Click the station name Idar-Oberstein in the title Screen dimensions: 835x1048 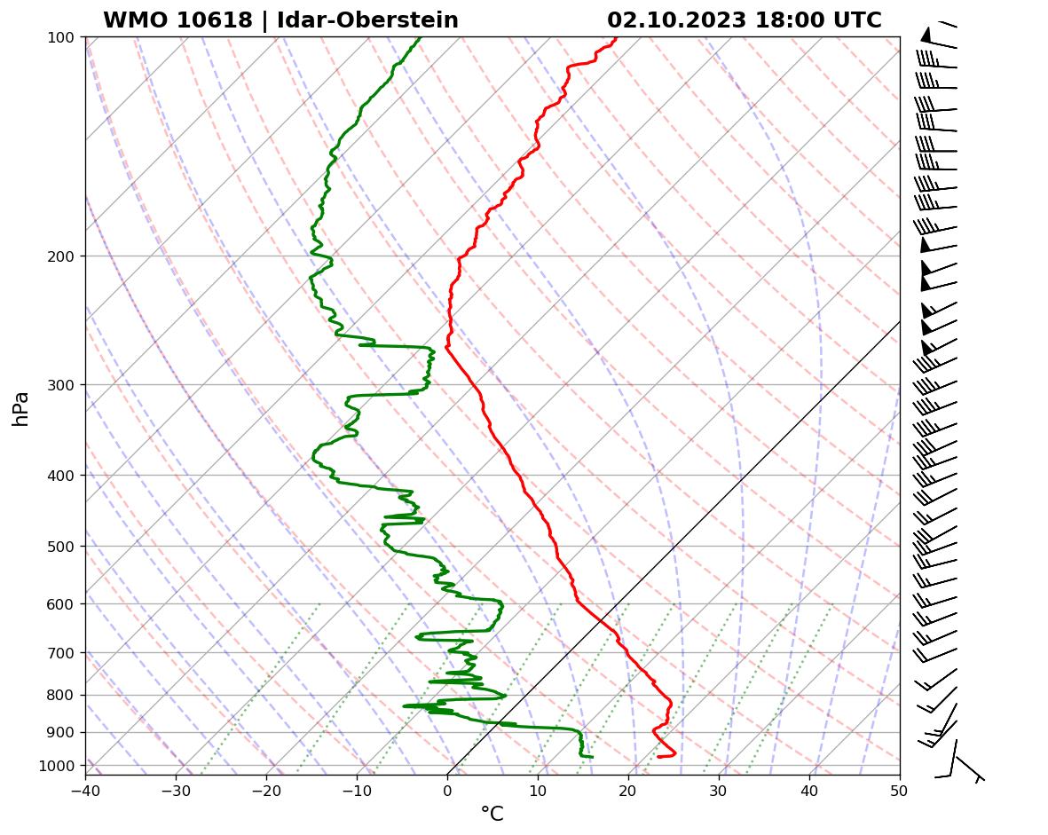click(369, 20)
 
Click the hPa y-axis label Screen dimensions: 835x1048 click(21, 408)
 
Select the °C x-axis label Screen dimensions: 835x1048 click(492, 815)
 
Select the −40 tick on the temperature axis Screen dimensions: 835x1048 click(85, 788)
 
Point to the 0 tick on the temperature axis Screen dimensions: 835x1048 click(447, 788)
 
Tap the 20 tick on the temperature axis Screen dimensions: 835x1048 click(628, 788)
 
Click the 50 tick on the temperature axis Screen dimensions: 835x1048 click(900, 788)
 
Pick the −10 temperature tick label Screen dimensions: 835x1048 click(357, 788)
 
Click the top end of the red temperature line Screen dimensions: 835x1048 click(617, 37)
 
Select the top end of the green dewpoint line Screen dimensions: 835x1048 click(420, 37)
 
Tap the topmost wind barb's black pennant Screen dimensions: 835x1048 click(926, 35)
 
